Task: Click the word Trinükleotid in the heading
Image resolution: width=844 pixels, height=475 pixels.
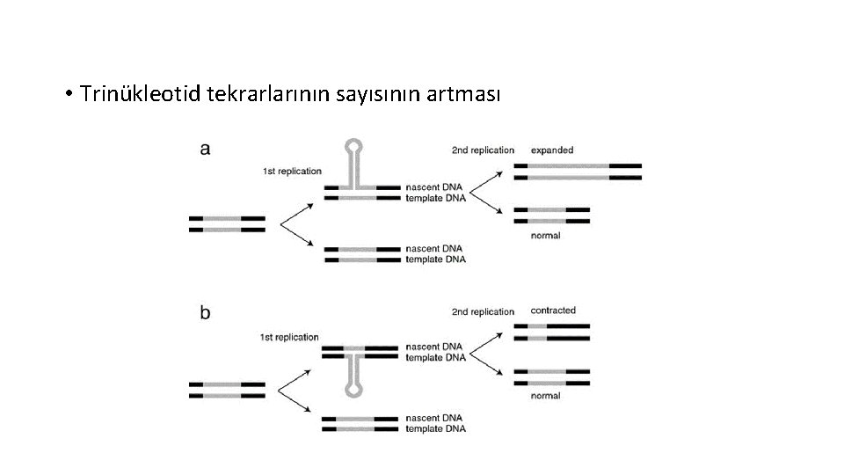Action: (x=141, y=93)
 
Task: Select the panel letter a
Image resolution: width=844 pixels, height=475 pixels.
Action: (x=205, y=150)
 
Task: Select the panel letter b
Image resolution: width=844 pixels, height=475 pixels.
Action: (x=205, y=313)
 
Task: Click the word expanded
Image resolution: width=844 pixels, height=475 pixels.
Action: (x=552, y=150)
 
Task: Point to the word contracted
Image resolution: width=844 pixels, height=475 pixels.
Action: (x=553, y=311)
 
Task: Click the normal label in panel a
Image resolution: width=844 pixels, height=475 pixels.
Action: (x=546, y=236)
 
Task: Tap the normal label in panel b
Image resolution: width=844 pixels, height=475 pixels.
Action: (x=546, y=396)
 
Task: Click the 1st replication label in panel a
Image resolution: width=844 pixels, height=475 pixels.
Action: (x=292, y=171)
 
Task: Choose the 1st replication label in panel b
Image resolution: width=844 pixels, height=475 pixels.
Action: (x=289, y=337)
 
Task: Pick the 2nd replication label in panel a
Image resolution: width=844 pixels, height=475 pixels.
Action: (x=483, y=150)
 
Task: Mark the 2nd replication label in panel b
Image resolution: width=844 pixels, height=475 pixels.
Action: (x=483, y=311)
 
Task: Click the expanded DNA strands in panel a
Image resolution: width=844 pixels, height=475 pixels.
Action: (x=578, y=172)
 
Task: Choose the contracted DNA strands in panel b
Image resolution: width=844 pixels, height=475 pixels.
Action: (x=552, y=332)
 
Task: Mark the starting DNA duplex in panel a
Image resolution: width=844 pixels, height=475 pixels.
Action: (x=227, y=223)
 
